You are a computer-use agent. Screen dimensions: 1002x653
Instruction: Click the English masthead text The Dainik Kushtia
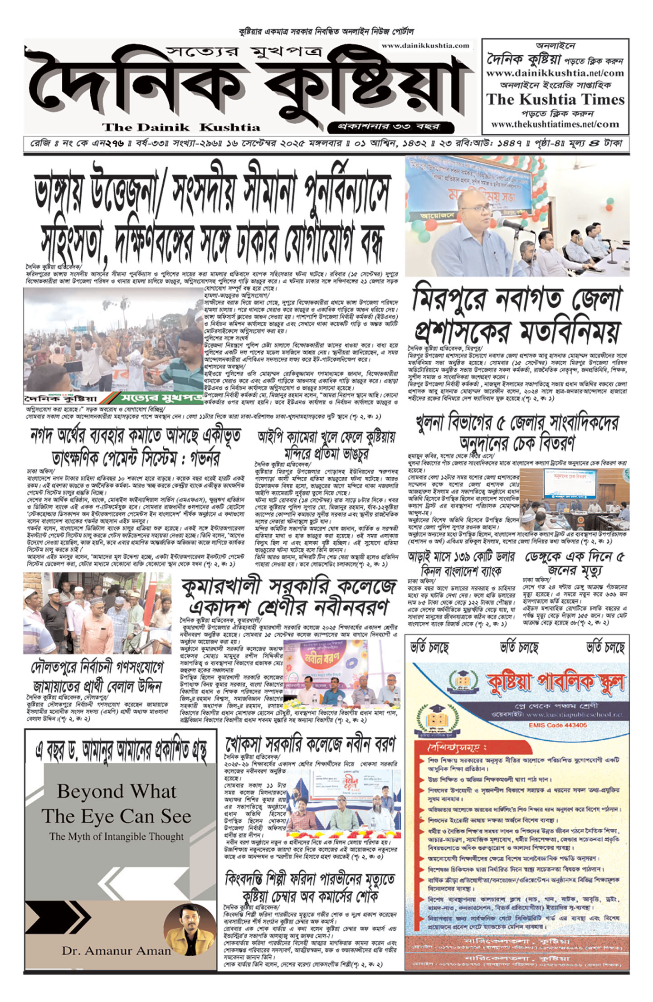tap(181, 127)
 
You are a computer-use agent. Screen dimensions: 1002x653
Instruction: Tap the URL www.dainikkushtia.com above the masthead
tap(425, 45)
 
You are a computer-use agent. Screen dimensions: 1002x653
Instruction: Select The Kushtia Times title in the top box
tap(555, 99)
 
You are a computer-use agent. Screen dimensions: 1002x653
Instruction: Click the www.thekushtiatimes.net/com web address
tap(555, 124)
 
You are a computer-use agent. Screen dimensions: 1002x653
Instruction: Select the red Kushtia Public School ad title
tap(555, 683)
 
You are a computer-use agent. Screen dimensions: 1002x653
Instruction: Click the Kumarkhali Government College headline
tap(289, 597)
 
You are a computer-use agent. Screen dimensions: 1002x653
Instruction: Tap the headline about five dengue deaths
tap(575, 563)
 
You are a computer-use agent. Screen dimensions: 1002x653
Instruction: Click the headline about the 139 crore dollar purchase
tap(461, 563)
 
